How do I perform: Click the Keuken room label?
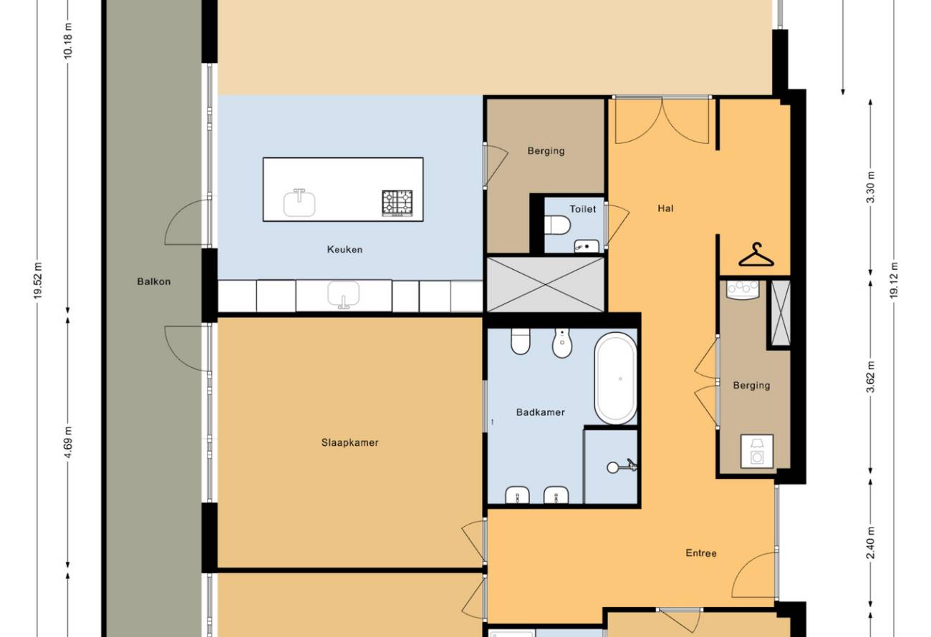point(344,250)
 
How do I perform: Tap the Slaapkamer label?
point(350,442)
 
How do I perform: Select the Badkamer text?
point(540,412)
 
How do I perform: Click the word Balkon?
point(154,281)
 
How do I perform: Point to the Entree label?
point(701,553)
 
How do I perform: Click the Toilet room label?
point(583,209)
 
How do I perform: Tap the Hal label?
point(665,208)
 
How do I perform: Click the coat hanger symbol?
point(756,255)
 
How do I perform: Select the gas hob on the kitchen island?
point(397,203)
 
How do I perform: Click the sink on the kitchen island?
point(299,203)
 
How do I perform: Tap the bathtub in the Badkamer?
point(616,379)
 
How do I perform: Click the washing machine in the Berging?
point(757,452)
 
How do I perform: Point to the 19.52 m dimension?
point(38,281)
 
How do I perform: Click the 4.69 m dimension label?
point(69,442)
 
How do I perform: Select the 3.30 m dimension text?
point(871,187)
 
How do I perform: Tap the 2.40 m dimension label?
point(871,543)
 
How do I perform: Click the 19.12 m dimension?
point(894,280)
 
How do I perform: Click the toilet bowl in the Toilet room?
point(557,225)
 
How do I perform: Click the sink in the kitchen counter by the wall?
point(343,296)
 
